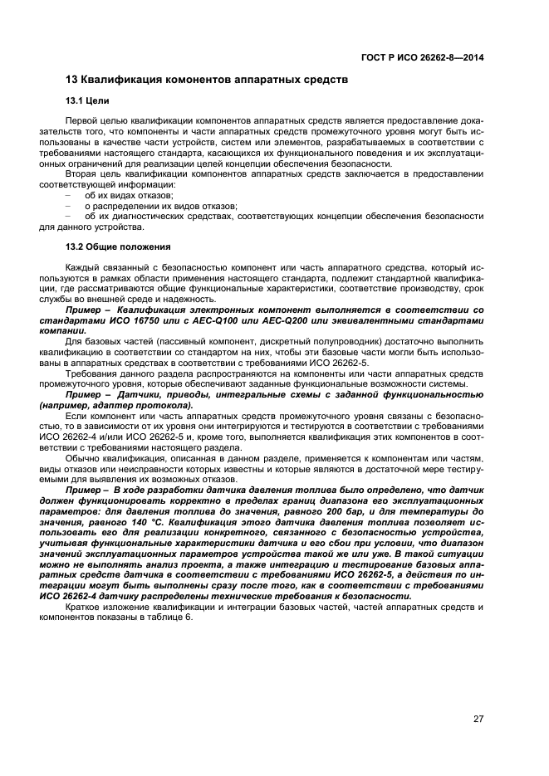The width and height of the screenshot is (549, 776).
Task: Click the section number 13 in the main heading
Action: click(x=71, y=81)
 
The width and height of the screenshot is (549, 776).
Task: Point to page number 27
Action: click(x=478, y=720)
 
